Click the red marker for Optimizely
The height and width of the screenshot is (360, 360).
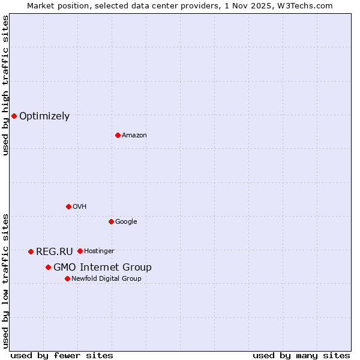click(14, 116)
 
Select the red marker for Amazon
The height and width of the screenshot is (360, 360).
click(118, 135)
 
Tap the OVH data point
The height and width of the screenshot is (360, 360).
click(68, 206)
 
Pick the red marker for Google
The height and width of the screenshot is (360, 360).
click(111, 221)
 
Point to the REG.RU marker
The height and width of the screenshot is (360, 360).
click(31, 251)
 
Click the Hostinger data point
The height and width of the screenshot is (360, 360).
click(80, 251)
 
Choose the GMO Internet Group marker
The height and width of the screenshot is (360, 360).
click(48, 267)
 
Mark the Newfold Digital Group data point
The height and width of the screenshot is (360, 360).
click(67, 278)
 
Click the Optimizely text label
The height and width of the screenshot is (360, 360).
click(44, 116)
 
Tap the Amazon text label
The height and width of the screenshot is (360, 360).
click(134, 136)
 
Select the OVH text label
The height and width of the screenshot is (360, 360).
click(80, 207)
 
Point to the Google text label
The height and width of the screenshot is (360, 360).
click(126, 222)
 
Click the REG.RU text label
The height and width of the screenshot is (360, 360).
click(54, 252)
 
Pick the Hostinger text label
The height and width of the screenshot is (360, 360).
click(99, 251)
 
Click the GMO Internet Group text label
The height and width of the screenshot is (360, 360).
click(103, 268)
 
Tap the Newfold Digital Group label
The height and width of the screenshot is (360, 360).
click(106, 279)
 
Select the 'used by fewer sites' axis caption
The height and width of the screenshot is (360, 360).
click(62, 356)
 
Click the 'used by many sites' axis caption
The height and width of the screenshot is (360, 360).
click(301, 356)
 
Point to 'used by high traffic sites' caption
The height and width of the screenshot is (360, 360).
click(5, 85)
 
